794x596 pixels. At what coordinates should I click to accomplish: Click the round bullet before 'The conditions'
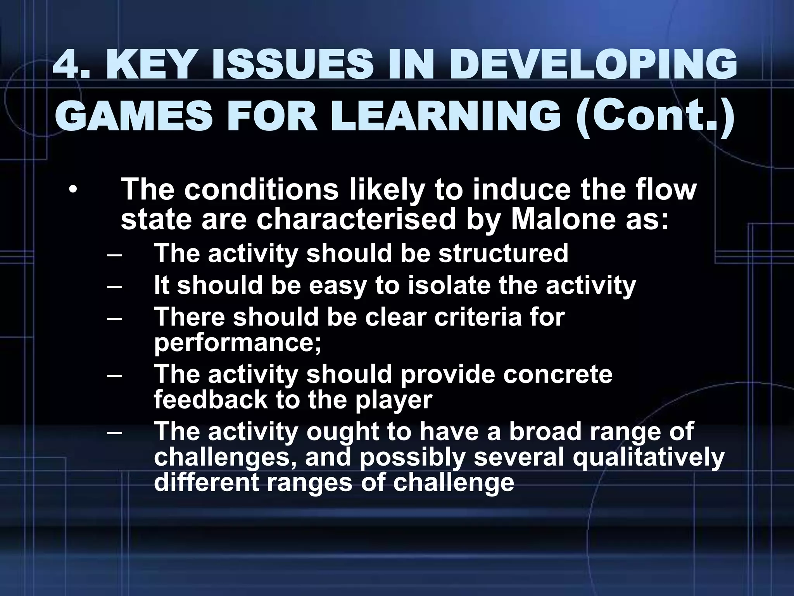coord(72,191)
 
